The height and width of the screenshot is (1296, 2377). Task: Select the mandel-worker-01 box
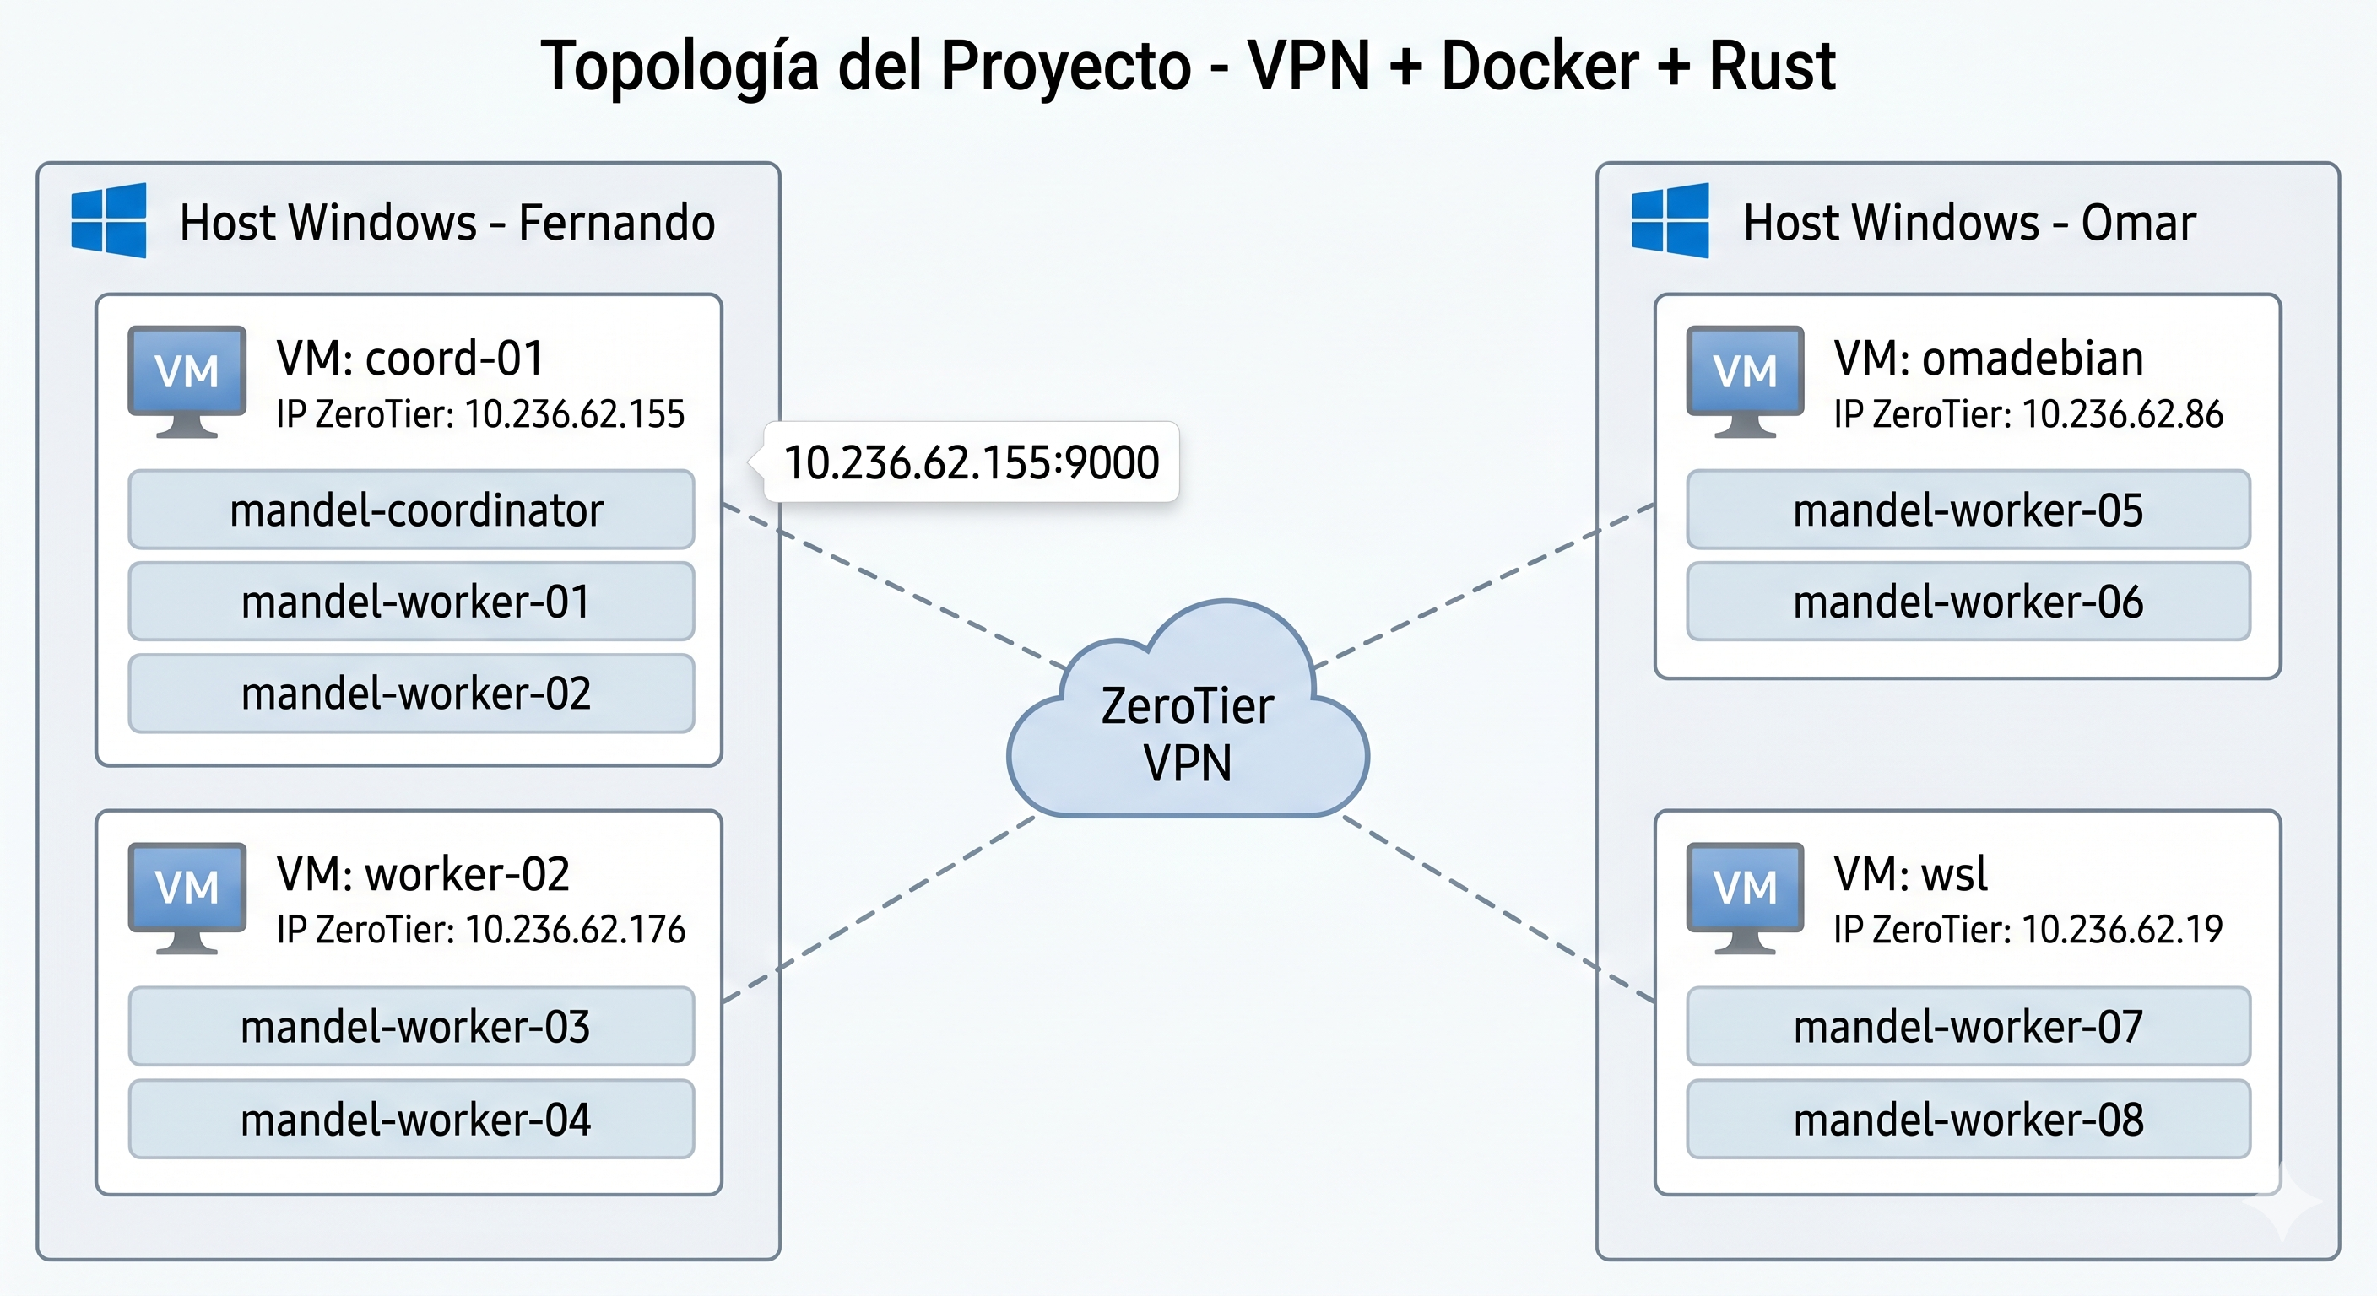[x=412, y=602]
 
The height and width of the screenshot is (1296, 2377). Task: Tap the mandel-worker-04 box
[x=412, y=1120]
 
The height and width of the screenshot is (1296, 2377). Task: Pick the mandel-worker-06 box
[x=1968, y=602]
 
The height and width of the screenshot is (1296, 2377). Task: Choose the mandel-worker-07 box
[x=1968, y=1027]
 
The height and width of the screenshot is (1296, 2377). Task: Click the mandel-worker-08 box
[x=1968, y=1120]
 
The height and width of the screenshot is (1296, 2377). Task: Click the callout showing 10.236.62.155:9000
[x=971, y=462]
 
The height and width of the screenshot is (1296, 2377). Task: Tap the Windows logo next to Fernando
[x=109, y=220]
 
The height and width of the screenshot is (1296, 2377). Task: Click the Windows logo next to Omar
[x=1670, y=220]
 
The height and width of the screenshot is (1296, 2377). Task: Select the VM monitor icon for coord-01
[x=187, y=379]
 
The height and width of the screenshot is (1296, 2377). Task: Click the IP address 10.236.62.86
[x=2122, y=414]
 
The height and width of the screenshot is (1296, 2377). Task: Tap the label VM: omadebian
[x=1989, y=358]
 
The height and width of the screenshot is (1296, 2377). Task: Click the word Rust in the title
[x=1772, y=67]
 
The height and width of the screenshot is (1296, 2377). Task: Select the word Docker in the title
[x=1539, y=67]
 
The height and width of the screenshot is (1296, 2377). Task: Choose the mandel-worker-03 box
[x=412, y=1027]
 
